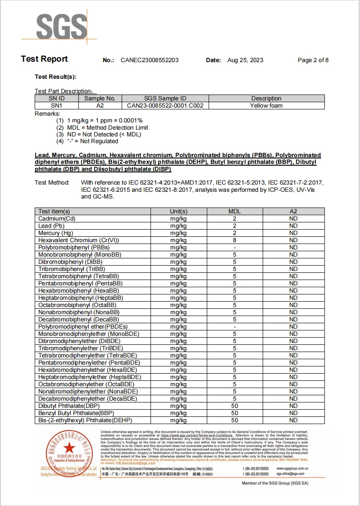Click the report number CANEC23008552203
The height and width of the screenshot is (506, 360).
[x=150, y=60]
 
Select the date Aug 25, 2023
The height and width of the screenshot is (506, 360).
[x=245, y=60]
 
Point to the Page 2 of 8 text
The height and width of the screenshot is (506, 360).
[x=313, y=60]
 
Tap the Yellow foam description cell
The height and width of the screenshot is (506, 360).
[x=266, y=106]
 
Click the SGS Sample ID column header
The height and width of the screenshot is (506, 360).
[x=165, y=99]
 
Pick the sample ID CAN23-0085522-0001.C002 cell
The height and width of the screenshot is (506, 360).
[x=165, y=106]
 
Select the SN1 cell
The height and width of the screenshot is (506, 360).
[x=57, y=106]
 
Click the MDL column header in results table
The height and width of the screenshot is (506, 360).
[x=234, y=211]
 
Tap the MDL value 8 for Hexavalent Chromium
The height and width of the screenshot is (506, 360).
[x=234, y=240]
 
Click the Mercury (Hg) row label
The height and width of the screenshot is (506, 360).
[x=55, y=233]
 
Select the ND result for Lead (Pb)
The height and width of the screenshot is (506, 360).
[x=293, y=226]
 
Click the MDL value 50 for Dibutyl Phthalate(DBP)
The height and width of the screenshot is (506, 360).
[x=234, y=406]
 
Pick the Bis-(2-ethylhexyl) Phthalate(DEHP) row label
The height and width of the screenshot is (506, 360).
[x=82, y=420]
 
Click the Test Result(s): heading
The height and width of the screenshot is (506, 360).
[x=55, y=77]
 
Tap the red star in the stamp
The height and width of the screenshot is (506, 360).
[x=69, y=448]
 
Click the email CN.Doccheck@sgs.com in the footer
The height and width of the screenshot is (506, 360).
[x=135, y=463]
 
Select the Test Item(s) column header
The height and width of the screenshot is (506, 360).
[x=54, y=211]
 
